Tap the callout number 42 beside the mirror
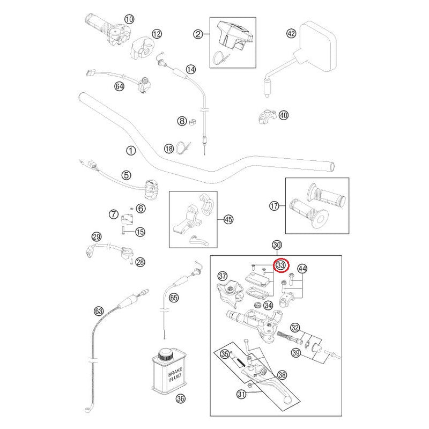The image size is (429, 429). click(x=291, y=33)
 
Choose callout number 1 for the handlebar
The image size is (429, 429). click(x=129, y=152)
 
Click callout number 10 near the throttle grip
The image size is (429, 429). click(x=128, y=19)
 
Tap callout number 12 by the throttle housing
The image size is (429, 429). click(x=156, y=34)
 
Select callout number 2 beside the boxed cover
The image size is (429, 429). click(x=198, y=34)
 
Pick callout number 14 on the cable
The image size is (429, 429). click(x=191, y=69)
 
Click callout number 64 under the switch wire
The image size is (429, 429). click(x=119, y=86)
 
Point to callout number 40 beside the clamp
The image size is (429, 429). click(x=284, y=115)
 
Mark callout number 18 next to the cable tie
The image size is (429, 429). click(x=169, y=149)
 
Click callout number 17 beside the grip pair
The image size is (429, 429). click(x=274, y=205)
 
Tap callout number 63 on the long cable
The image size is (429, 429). click(x=98, y=310)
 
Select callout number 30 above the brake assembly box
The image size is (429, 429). click(x=277, y=245)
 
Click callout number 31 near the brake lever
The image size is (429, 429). click(x=241, y=394)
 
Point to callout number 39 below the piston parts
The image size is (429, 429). click(x=295, y=352)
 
